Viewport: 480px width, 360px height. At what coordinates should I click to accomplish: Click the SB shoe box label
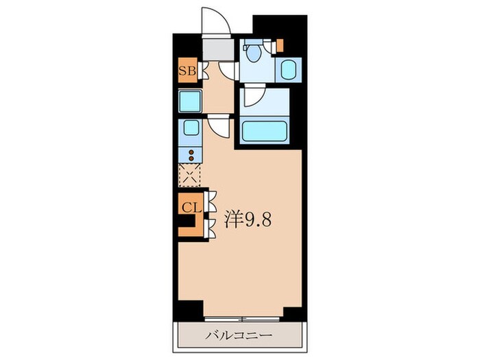187,71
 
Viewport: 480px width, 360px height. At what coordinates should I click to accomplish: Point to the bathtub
265,130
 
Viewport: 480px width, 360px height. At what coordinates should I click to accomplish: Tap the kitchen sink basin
190,127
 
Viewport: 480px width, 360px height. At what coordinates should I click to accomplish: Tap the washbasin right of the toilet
289,69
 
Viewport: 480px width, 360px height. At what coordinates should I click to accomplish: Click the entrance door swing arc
214,19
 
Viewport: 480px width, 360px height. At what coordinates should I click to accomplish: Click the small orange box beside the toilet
280,45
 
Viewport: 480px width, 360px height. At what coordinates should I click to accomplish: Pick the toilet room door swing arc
229,71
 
